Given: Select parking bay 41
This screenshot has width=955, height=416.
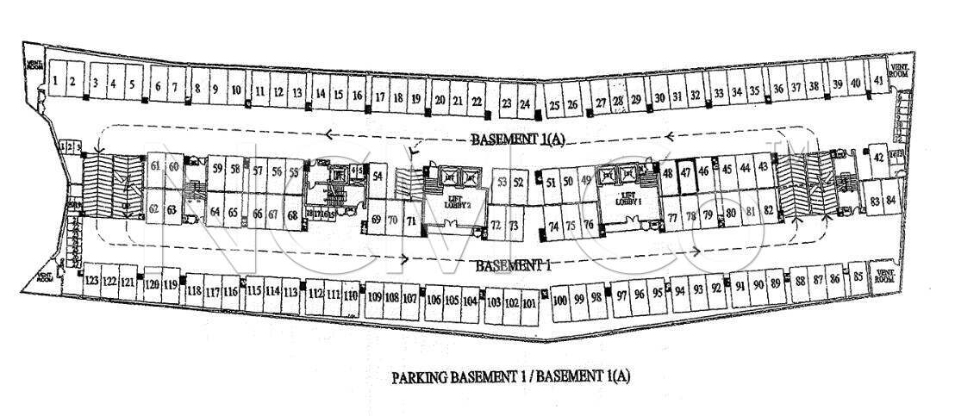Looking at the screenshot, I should (x=877, y=80).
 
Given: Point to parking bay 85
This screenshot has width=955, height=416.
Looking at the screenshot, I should (x=858, y=277).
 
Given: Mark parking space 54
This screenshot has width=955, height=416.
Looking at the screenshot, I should (x=378, y=175).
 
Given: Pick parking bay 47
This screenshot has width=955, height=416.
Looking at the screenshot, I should (x=686, y=171).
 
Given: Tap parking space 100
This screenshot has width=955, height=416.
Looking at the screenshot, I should (x=559, y=300).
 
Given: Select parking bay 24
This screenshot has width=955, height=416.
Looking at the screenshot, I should (x=525, y=103).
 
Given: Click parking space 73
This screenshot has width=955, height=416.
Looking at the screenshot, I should (x=514, y=226).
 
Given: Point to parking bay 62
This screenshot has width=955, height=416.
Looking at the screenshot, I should (x=153, y=208).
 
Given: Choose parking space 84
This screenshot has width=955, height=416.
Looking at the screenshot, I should (x=891, y=202).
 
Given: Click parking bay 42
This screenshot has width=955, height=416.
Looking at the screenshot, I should (x=877, y=157).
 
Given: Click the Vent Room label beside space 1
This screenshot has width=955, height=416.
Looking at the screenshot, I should (x=35, y=66).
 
